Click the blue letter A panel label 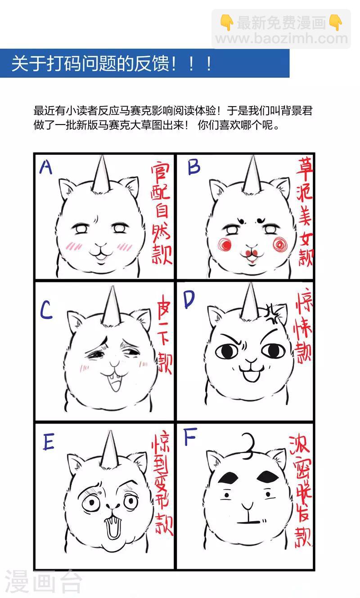[x=46, y=167]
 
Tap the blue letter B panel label [x=193, y=167]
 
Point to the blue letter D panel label [x=189, y=300]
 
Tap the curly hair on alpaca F [x=247, y=445]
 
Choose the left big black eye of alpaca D [x=229, y=351]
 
